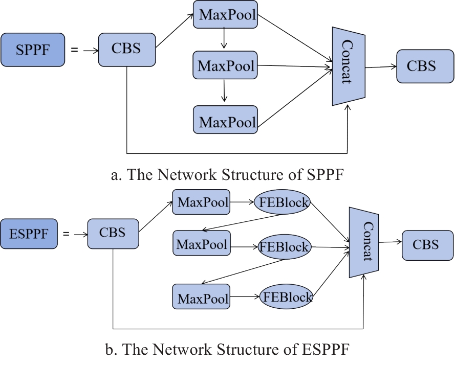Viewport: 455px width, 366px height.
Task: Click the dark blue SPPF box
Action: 34,50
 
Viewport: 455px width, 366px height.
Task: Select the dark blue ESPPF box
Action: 29,234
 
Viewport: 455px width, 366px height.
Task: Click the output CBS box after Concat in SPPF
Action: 421,66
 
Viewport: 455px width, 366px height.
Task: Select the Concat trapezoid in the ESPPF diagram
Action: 364,242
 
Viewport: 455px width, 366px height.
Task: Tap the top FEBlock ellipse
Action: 283,202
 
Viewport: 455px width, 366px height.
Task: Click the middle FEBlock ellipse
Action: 284,247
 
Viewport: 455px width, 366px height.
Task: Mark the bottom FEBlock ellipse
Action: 286,296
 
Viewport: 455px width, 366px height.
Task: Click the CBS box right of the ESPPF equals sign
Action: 113,234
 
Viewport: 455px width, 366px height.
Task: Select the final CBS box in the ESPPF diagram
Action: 426,244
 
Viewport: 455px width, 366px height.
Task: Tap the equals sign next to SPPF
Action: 75,50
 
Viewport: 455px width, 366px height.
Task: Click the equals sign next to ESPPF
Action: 66,234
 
